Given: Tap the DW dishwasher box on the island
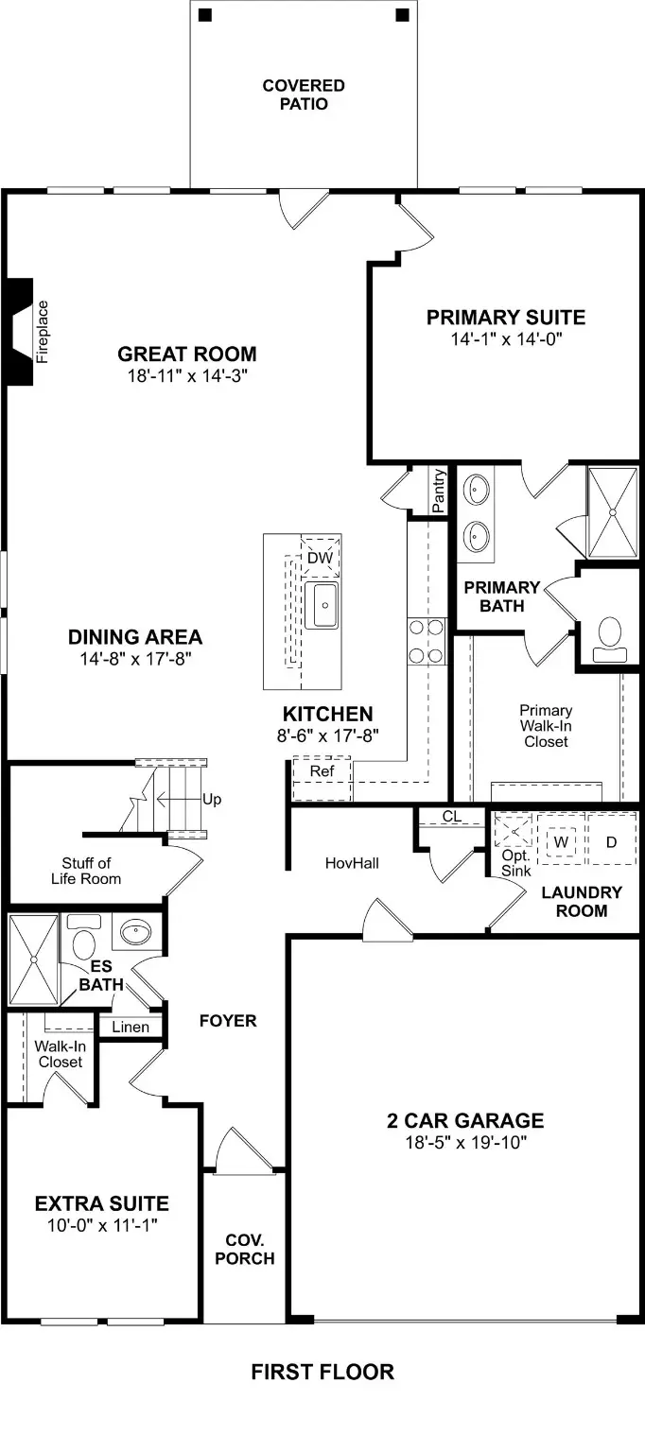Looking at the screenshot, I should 320,559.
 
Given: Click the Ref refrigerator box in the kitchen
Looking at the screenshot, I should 322,770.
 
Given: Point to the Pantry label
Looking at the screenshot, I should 438,492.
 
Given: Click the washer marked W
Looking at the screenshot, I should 560,840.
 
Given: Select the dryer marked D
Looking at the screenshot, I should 611,840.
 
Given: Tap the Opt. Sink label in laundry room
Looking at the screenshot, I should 515,862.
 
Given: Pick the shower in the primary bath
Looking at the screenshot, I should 613,512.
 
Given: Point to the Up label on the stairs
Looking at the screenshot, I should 212,800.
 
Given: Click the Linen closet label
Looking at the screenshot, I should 131,1027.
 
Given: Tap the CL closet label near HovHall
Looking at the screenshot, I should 451,816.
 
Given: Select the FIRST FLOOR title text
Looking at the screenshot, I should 322,1371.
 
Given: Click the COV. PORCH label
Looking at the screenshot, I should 244,1249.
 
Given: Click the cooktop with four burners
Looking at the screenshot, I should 426,640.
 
